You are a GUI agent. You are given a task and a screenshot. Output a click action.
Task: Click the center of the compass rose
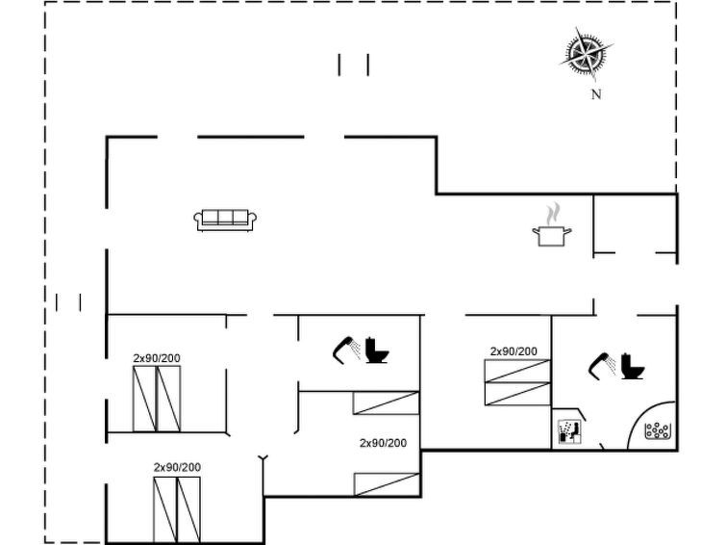click(586, 54)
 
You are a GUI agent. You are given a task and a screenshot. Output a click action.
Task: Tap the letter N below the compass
click(596, 94)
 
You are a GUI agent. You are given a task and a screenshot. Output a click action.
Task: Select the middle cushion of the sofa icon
click(225, 217)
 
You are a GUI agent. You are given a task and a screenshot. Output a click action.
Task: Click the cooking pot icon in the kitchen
click(551, 236)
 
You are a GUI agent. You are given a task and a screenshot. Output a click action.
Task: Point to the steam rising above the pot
click(552, 214)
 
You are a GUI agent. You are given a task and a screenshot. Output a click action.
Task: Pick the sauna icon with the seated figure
click(569, 431)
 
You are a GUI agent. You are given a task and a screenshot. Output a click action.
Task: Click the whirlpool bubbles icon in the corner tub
click(657, 430)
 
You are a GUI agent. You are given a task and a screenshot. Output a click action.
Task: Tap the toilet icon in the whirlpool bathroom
click(633, 367)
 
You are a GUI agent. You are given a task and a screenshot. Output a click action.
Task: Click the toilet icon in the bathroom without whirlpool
click(377, 350)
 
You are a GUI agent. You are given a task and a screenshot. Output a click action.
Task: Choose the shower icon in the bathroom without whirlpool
click(346, 350)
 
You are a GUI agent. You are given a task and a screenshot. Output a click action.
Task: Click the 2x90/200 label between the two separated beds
click(384, 443)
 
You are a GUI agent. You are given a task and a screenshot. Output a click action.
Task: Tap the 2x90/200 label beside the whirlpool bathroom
click(513, 351)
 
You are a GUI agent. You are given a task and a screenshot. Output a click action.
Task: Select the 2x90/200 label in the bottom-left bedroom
click(177, 467)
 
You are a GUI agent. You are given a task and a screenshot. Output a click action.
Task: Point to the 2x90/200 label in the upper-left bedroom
click(157, 358)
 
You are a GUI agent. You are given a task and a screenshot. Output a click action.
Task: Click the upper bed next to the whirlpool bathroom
click(517, 371)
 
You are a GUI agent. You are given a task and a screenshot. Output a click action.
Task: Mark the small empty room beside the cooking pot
click(635, 224)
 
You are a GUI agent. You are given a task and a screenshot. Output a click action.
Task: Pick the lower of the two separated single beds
click(387, 484)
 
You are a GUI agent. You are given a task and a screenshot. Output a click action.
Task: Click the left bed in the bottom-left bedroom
click(165, 509)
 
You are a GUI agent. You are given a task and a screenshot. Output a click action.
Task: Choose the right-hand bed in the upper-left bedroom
click(169, 399)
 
